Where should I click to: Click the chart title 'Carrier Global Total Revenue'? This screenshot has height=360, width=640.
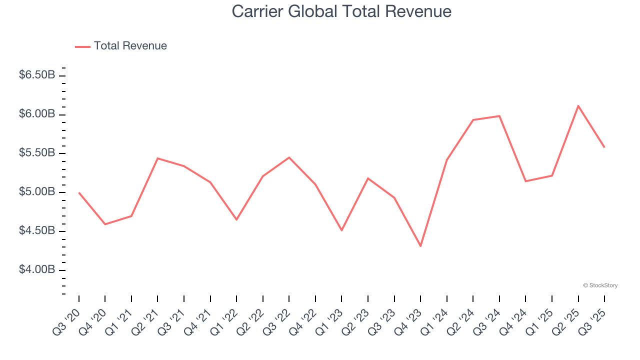tap(341, 11)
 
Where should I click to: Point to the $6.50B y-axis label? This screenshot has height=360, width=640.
tap(37, 75)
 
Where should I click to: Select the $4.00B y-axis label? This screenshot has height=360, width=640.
tap(37, 270)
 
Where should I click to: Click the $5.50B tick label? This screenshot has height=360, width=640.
tap(37, 153)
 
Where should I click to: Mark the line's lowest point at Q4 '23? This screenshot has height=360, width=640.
tap(420, 246)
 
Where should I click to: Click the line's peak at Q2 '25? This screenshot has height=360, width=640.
tap(578, 106)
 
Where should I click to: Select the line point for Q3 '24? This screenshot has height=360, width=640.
tap(499, 116)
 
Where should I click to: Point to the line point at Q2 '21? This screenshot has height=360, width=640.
tap(157, 158)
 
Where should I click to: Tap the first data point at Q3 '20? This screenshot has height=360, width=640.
tap(79, 192)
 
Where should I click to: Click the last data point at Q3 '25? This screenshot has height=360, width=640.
tap(604, 147)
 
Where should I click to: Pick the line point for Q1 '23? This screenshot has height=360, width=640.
tap(341, 230)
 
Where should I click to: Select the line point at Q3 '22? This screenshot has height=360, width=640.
tap(289, 157)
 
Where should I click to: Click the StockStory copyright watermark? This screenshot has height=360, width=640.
tap(600, 285)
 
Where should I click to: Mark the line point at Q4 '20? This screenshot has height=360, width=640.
tap(105, 224)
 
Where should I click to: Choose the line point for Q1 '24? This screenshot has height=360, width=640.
tap(446, 160)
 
